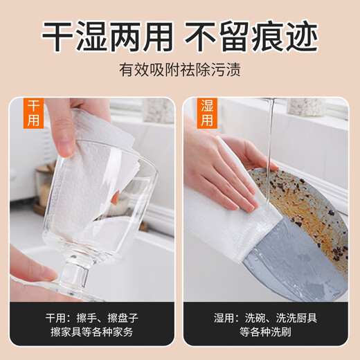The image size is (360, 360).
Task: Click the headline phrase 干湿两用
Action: (x=107, y=35)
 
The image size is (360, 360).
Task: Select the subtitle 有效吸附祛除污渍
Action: (x=180, y=71)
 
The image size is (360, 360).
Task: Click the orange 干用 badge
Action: (x=34, y=114)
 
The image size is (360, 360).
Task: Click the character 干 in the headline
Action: (x=59, y=35)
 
